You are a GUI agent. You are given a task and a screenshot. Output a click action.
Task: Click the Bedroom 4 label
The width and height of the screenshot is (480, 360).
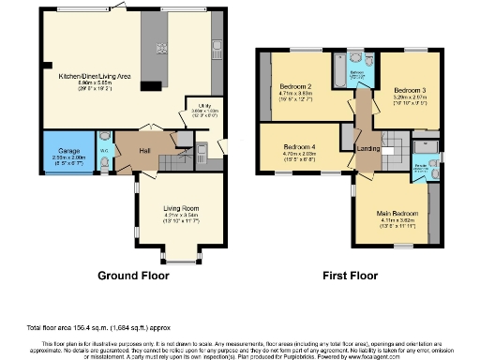point(300,147)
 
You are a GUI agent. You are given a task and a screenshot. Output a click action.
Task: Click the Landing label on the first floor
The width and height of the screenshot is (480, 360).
point(367,149)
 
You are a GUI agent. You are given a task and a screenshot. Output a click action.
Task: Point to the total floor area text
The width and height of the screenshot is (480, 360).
point(89,329)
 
